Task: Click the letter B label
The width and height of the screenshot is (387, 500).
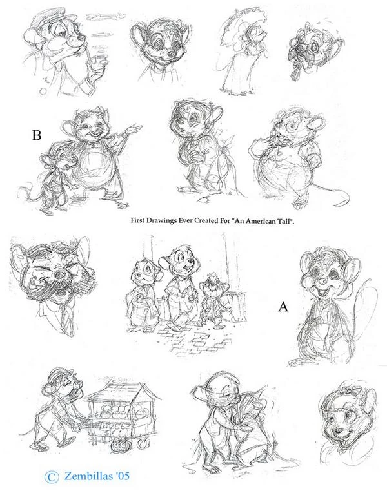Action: (x=36, y=135)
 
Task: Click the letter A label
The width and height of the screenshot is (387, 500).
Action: (x=283, y=307)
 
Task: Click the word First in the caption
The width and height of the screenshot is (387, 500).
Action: (x=137, y=220)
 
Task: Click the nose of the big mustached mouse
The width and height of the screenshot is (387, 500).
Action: (x=59, y=275)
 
